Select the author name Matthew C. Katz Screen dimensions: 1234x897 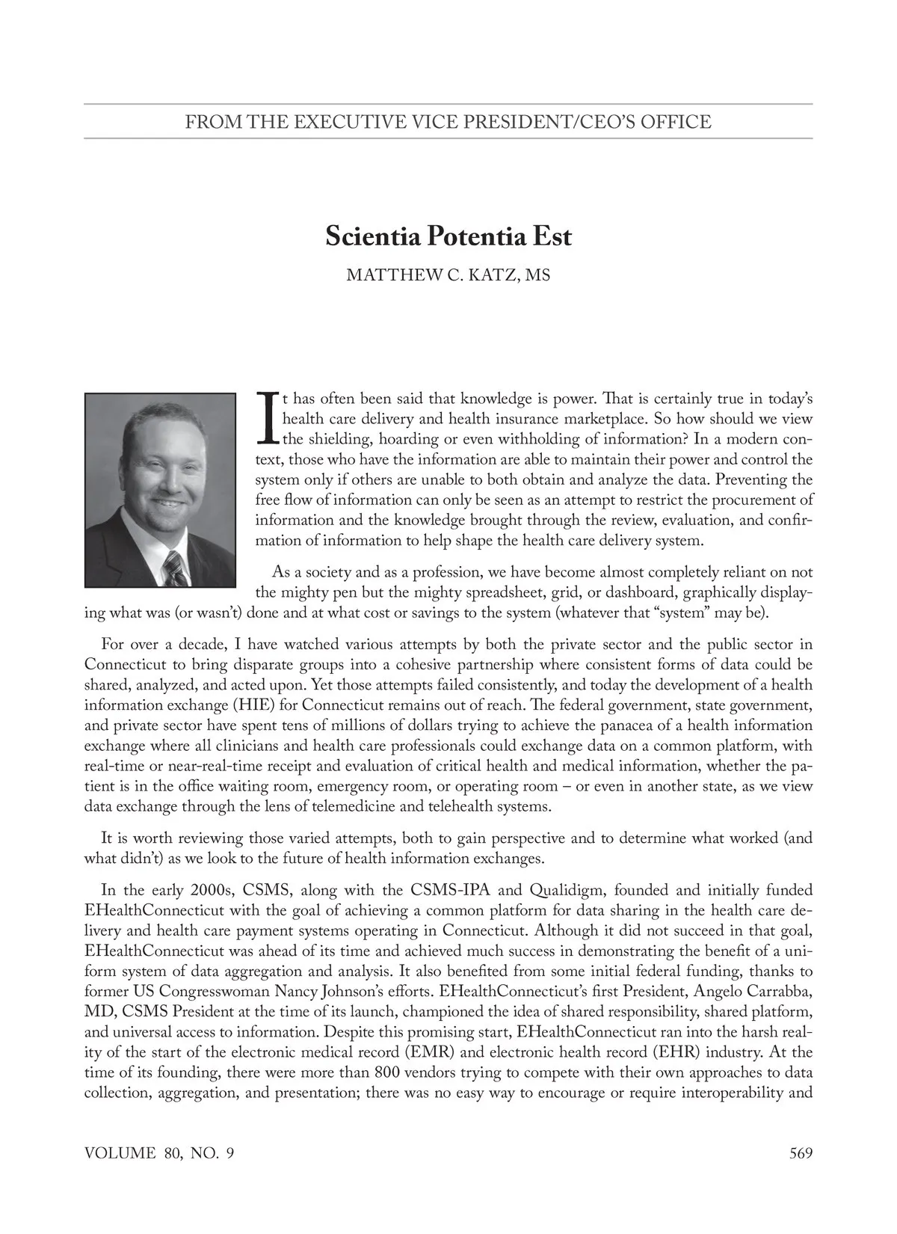click(448, 275)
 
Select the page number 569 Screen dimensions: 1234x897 click(801, 1152)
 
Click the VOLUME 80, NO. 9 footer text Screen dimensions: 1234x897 click(159, 1152)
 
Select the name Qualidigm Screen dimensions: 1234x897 click(566, 891)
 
